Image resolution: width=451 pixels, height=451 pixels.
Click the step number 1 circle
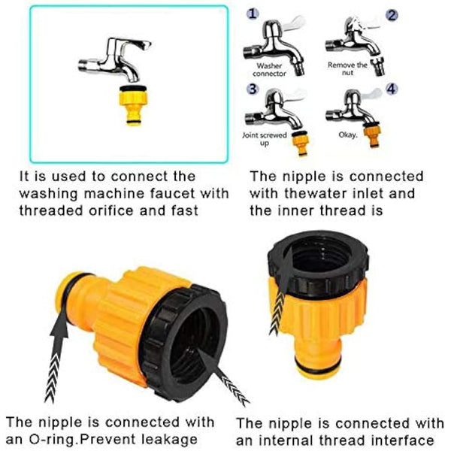click(x=253, y=14)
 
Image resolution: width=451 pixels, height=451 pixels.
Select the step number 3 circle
click(x=253, y=89)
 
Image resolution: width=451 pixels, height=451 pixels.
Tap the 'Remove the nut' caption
click(x=347, y=69)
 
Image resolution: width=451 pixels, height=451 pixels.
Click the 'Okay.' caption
click(x=348, y=137)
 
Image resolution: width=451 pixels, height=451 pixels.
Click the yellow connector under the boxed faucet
click(x=133, y=104)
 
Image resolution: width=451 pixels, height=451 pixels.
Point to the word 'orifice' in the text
click(x=127, y=210)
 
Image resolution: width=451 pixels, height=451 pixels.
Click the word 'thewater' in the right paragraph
click(x=319, y=193)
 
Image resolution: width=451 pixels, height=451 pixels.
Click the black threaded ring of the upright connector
click(x=319, y=262)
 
